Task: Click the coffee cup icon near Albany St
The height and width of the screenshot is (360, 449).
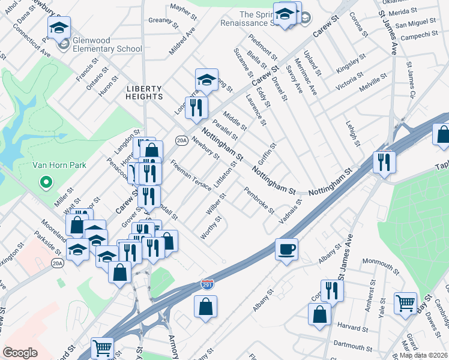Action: pyautogui.click(x=286, y=248)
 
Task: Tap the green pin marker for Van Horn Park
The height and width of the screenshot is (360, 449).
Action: pyautogui.click(x=44, y=181)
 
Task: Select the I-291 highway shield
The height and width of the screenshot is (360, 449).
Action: pyautogui.click(x=207, y=282)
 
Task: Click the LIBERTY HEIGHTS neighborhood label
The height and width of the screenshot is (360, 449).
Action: pyautogui.click(x=144, y=92)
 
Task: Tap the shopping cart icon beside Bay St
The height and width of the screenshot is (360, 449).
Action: pyautogui.click(x=406, y=303)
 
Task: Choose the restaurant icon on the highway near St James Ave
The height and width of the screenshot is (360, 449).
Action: pyautogui.click(x=383, y=161)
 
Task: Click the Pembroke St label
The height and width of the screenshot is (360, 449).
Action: pyautogui.click(x=259, y=201)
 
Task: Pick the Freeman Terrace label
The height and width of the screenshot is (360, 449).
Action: pyautogui.click(x=191, y=175)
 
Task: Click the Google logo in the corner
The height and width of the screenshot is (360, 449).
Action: pyautogui.click(x=20, y=352)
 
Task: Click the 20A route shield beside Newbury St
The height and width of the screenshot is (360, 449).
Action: pyautogui.click(x=181, y=140)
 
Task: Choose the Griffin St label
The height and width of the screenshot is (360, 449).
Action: pyautogui.click(x=266, y=155)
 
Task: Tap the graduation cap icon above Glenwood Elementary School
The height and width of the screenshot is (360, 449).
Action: pyautogui.click(x=59, y=27)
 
